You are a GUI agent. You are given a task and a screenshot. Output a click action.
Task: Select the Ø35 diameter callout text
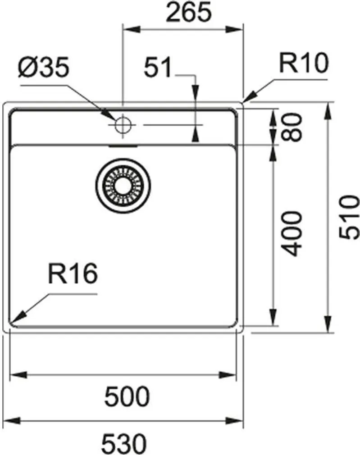pos(44,68)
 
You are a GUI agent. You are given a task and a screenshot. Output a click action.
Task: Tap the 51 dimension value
pos(158,68)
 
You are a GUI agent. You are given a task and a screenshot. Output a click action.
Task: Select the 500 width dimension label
pos(127,396)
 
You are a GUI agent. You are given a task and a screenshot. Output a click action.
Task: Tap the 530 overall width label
pos(124,444)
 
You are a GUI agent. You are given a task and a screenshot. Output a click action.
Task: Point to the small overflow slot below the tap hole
pos(123,146)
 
